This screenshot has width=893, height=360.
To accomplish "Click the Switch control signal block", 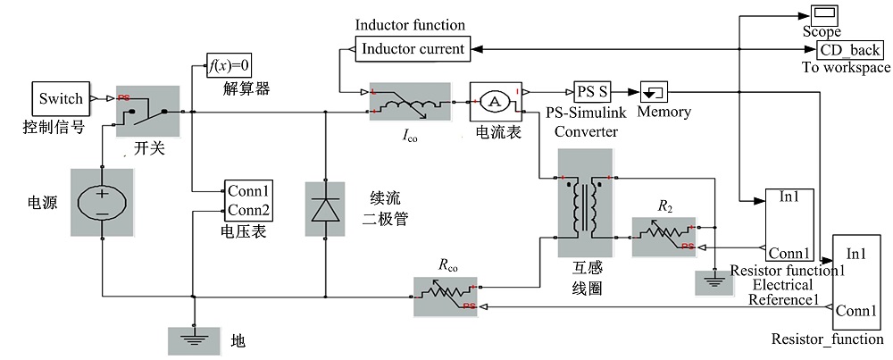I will coord(61,98).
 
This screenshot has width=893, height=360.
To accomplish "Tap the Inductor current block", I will coord(412,49).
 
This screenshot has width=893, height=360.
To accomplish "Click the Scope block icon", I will coord(822,15).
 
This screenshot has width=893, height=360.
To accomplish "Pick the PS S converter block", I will coord(591,91).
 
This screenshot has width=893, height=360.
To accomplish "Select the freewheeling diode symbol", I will coord(323,209).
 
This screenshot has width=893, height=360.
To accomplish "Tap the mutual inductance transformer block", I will coord(585,205).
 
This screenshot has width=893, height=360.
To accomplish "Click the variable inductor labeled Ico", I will coord(411,104).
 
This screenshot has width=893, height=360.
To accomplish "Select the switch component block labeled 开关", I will coord(148,112).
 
